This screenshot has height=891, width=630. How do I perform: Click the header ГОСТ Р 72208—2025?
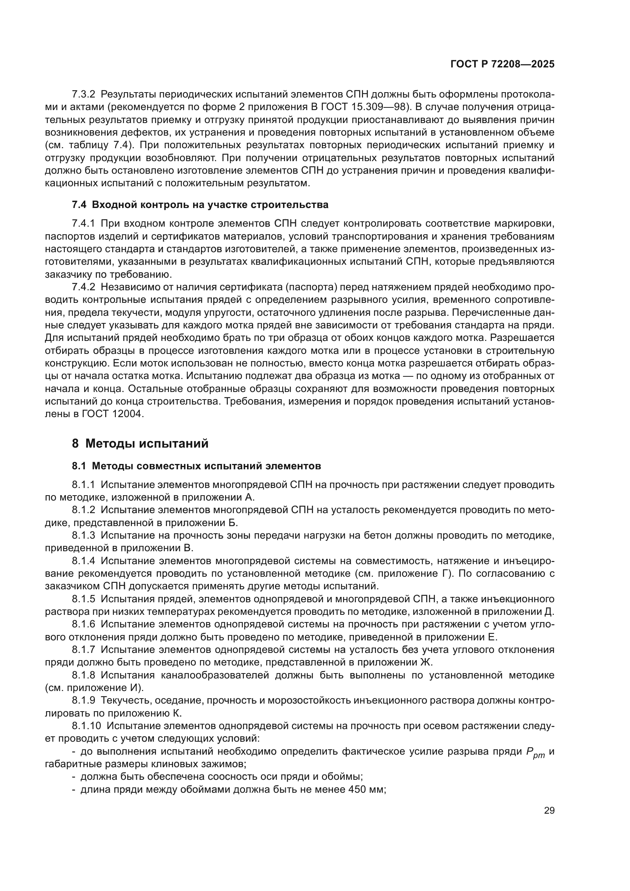tap(502, 64)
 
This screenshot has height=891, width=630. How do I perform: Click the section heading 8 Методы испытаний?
tap(140, 443)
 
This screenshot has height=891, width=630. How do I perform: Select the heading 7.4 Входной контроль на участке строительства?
tap(200, 205)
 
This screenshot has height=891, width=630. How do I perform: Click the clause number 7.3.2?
tap(83, 94)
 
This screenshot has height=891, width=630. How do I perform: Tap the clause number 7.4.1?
tap(83, 224)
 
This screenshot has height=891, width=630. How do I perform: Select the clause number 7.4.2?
tap(83, 287)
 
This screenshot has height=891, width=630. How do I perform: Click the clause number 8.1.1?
tap(83, 485)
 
